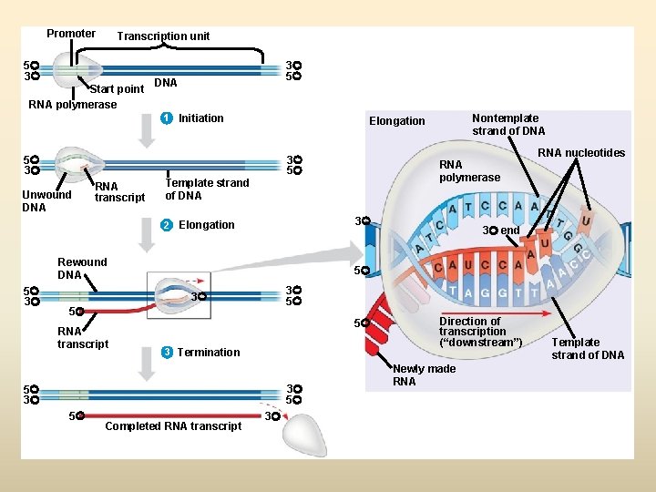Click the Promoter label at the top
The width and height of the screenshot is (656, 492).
point(71,34)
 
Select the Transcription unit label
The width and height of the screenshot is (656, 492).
point(163,36)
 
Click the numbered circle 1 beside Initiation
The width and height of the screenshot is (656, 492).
point(165,118)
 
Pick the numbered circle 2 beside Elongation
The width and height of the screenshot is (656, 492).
point(165,225)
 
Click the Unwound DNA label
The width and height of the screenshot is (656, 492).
point(46,200)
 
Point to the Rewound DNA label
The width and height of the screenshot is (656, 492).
point(82,268)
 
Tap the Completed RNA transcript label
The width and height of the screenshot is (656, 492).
point(173,426)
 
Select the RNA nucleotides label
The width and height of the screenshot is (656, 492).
point(581,153)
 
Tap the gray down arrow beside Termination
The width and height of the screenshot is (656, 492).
point(147,364)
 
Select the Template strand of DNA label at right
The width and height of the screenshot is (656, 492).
point(588,349)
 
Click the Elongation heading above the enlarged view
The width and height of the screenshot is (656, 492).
point(396,121)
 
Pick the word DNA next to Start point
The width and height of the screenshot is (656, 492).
point(165,83)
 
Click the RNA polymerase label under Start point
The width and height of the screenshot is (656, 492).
point(73,105)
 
